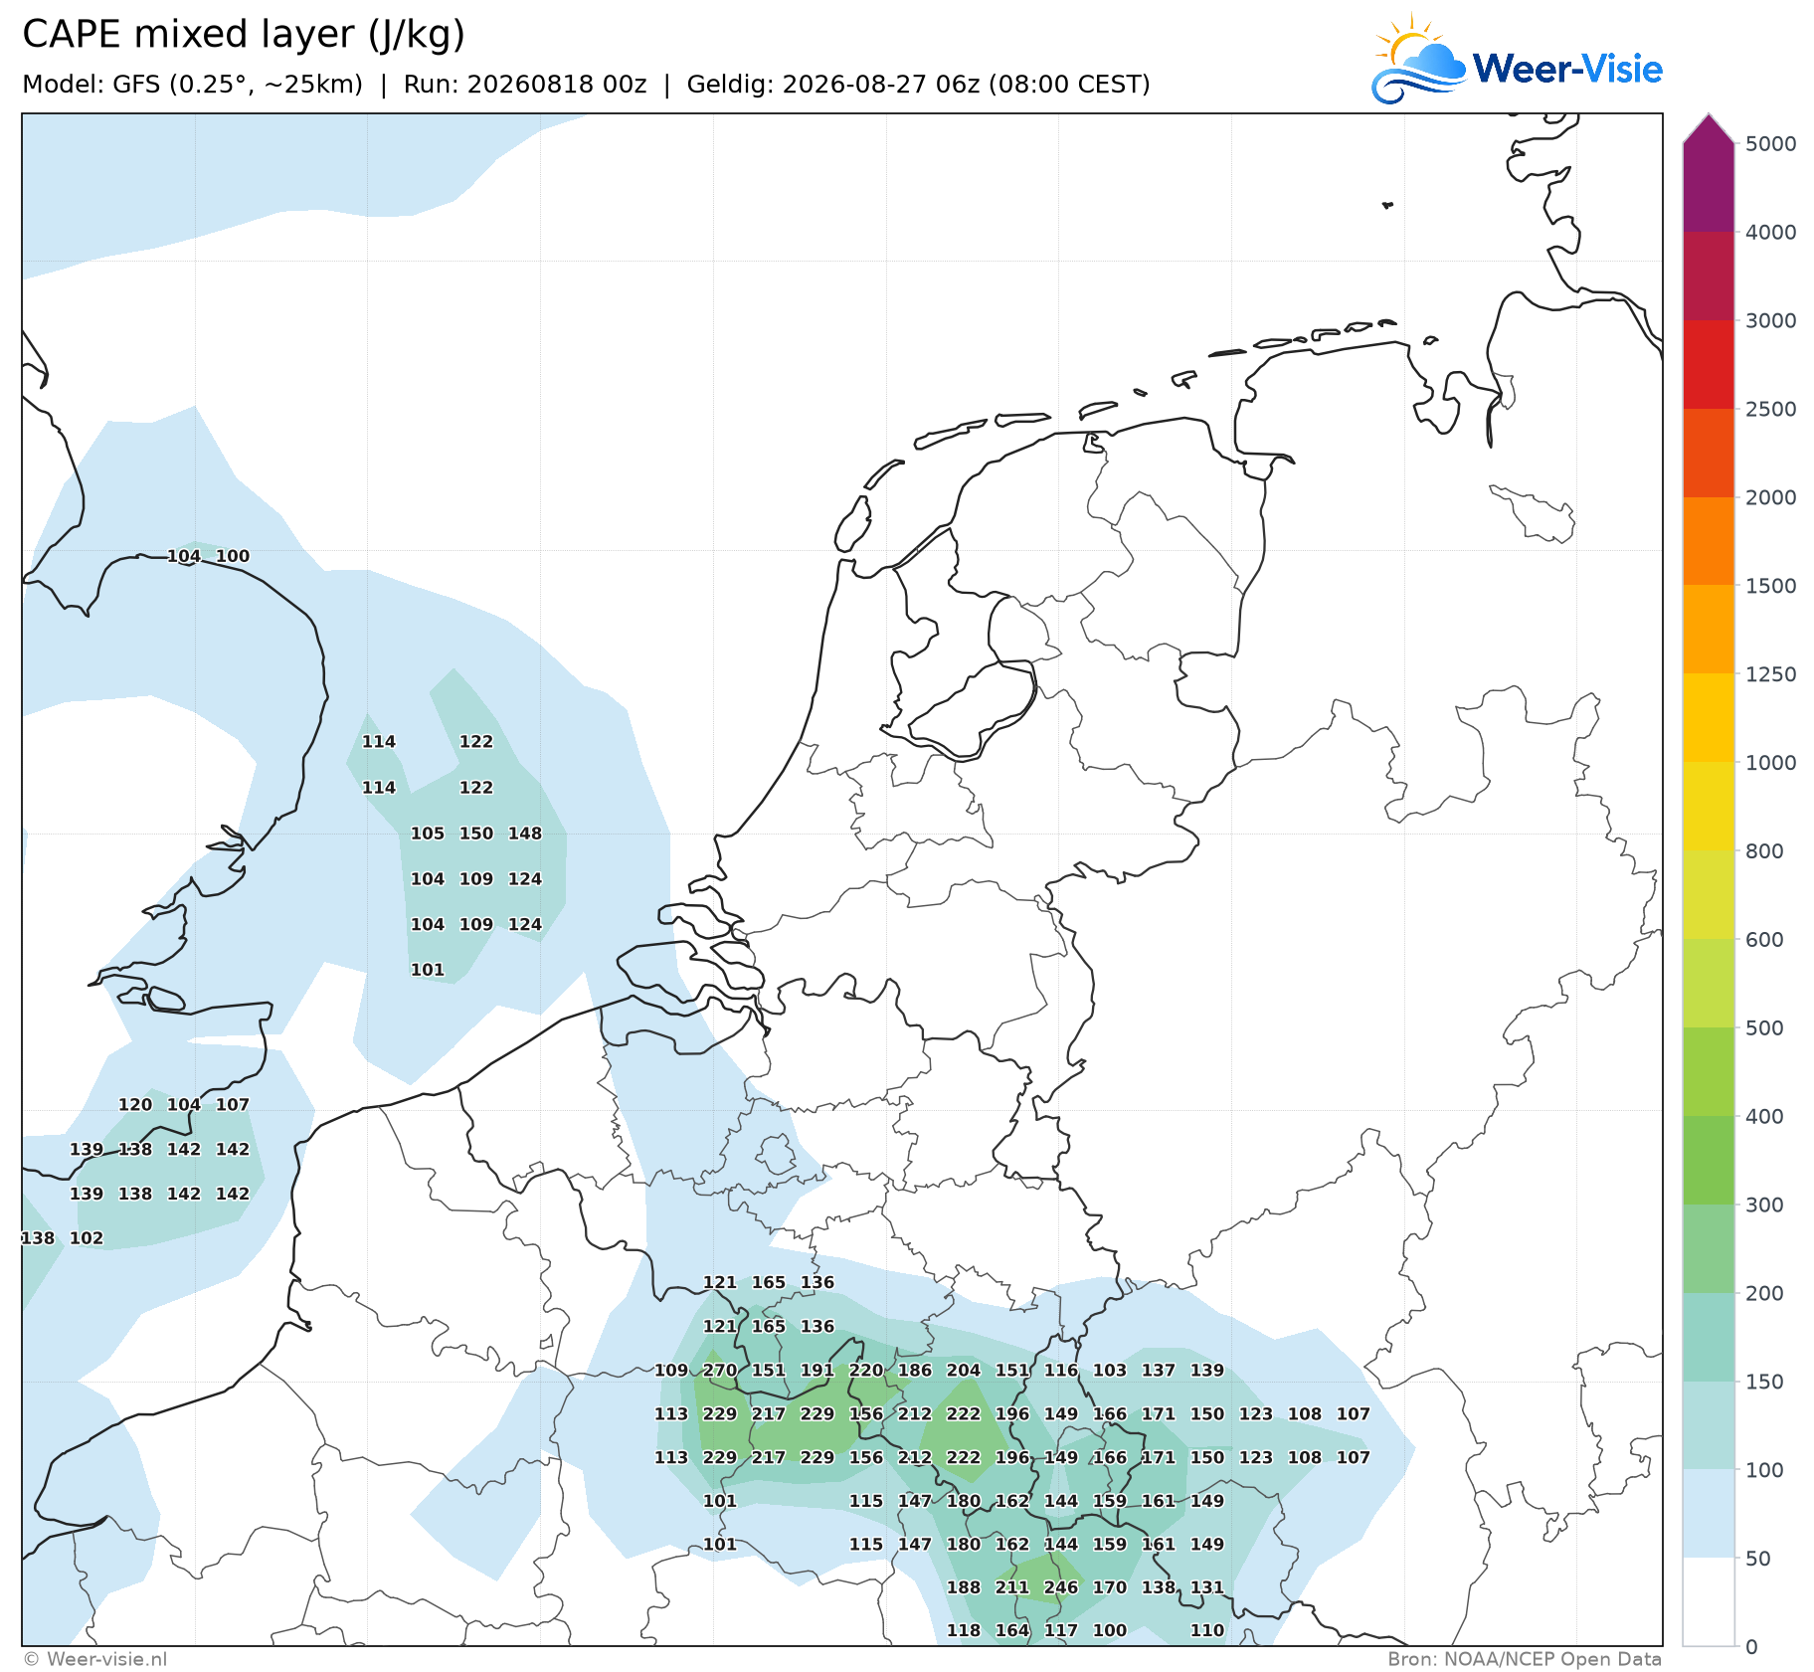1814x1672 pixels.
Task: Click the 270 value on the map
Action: pos(720,1370)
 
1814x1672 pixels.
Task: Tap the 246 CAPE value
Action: pos(1061,1587)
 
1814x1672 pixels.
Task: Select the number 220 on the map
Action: pos(866,1370)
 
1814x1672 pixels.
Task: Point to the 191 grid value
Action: pos(817,1370)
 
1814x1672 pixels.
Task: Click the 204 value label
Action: pos(964,1370)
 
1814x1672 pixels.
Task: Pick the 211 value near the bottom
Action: pos(1012,1587)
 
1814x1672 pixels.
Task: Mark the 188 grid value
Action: pos(964,1587)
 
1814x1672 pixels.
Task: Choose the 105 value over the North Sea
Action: pos(428,834)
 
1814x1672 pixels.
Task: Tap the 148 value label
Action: pos(525,834)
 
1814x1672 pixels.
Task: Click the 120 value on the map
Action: pos(135,1104)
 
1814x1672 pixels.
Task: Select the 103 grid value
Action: pos(1110,1370)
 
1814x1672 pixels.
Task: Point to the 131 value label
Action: pos(1207,1587)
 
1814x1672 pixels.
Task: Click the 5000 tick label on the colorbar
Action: pos(1771,144)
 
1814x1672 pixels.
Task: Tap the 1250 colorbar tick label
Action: pos(1771,674)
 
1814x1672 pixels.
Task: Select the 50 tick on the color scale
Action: pos(1758,1559)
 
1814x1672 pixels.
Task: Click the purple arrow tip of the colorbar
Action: pos(1709,116)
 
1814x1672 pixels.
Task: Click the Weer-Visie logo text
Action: pos(1567,69)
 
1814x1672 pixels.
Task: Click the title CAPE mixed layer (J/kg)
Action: pos(244,35)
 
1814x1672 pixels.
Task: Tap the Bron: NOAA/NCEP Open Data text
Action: pos(1525,1659)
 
